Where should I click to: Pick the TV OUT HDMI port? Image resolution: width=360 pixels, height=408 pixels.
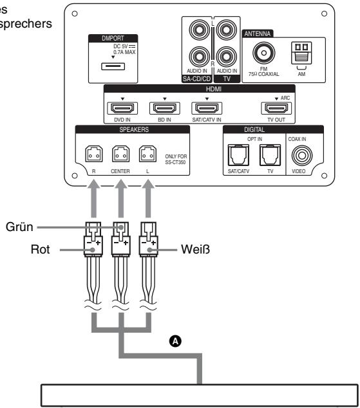pyautogui.click(x=272, y=108)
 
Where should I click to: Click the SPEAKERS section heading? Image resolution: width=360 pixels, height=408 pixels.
pyautogui.click(x=131, y=129)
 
